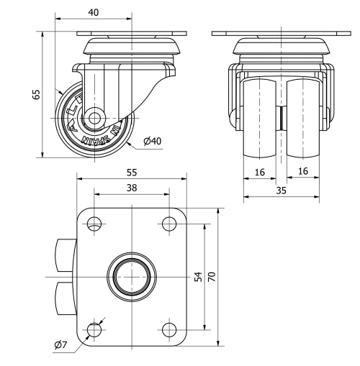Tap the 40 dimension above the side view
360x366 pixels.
tap(92, 12)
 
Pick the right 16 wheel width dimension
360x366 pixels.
tap(303, 171)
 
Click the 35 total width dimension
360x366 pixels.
tap(281, 191)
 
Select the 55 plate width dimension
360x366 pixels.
tap(131, 173)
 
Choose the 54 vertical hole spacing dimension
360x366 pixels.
tap(198, 276)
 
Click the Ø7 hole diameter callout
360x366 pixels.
tap(60, 346)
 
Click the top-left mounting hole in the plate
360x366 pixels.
tap(94, 223)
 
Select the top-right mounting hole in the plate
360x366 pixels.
tap(169, 223)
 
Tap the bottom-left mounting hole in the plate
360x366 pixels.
tap(94, 330)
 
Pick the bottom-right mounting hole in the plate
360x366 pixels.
tap(169, 330)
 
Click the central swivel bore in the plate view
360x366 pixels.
tap(131, 276)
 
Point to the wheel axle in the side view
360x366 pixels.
tap(94, 118)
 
